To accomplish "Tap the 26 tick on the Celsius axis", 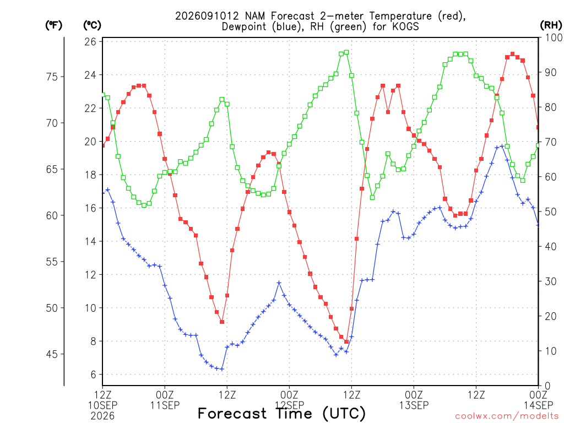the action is [90, 42].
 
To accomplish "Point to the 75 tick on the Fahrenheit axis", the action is [52, 77].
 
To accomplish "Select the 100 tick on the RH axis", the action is [554, 37].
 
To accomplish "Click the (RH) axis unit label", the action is [551, 25].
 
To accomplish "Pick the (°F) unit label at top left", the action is [53, 25].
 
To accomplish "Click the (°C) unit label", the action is [92, 25].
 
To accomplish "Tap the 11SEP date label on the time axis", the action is [165, 405].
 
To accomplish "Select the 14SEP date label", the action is [539, 405].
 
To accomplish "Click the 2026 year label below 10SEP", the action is [102, 416].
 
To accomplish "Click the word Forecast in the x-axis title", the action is [232, 413].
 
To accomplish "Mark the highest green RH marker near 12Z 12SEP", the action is [346, 52].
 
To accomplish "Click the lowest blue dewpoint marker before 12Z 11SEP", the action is [222, 369].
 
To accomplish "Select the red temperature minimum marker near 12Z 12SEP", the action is [346, 341].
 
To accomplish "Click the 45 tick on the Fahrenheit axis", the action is [52, 354].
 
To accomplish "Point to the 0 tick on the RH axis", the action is [547, 386].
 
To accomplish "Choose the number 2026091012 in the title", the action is [207, 16].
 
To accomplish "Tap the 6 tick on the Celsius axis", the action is [94, 375].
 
